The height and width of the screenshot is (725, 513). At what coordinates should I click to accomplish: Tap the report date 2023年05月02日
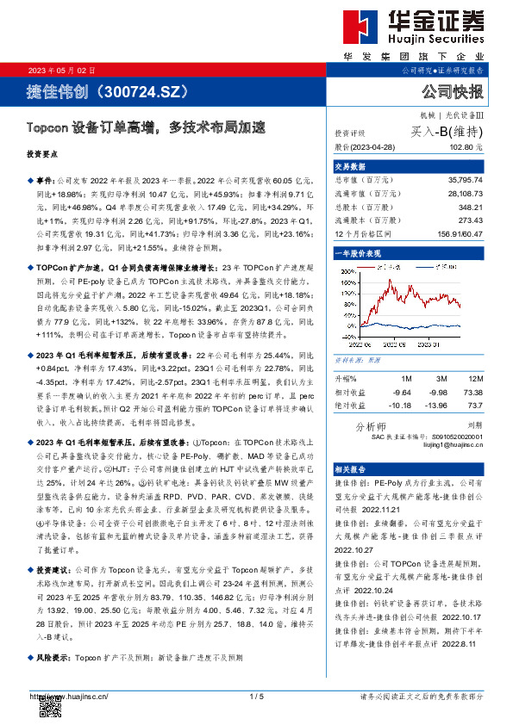coord(62,70)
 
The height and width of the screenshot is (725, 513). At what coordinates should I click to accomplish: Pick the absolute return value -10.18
coord(401,404)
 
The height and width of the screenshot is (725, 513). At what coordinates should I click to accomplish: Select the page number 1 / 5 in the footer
coord(256,696)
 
